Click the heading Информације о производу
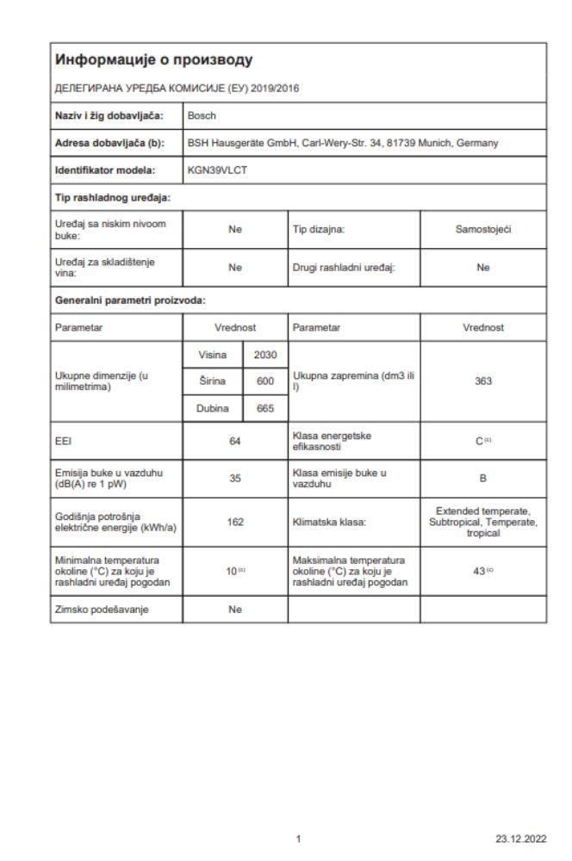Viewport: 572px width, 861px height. pos(152,59)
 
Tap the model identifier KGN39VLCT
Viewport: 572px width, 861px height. pos(215,171)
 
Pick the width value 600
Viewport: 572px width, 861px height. pos(264,381)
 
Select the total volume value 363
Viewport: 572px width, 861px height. pos(482,381)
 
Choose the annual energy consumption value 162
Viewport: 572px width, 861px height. pos(234,522)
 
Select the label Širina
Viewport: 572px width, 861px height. pos(212,381)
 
